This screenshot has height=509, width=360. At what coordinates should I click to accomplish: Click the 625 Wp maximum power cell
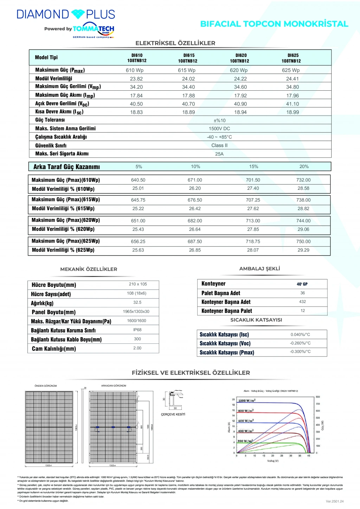[x=291, y=70]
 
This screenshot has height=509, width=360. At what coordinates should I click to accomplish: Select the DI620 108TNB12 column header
[x=241, y=58]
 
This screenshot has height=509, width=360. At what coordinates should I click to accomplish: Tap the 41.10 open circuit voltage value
[x=292, y=104]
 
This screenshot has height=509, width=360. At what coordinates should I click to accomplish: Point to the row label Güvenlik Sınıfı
[x=51, y=146]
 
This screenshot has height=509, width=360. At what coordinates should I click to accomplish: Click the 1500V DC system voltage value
[x=219, y=129]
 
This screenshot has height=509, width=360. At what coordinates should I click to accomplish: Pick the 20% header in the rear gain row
[x=304, y=167]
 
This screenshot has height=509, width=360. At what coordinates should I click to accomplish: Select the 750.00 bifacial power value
[x=303, y=241]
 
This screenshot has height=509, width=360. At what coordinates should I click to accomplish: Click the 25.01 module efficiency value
[x=138, y=188]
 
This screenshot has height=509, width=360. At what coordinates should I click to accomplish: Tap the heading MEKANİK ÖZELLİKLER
[x=89, y=269]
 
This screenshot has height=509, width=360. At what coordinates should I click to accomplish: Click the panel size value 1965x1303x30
[x=136, y=311]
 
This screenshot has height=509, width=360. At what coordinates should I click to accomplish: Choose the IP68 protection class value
[x=137, y=330]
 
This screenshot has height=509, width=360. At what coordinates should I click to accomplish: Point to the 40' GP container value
[x=302, y=284]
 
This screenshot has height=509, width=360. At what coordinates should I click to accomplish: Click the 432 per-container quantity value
[x=302, y=302]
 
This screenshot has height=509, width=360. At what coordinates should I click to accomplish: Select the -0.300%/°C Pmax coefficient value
[x=300, y=352]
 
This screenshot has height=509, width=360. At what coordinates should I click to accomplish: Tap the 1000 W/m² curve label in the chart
[x=247, y=401]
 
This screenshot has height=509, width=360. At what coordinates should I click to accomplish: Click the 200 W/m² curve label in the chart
[x=245, y=441]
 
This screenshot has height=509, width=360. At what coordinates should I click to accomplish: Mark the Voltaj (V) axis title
[x=273, y=461]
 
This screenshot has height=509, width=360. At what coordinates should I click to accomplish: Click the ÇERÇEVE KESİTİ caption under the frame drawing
[x=173, y=414]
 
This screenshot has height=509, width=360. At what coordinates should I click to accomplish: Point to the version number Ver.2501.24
[x=334, y=501]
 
